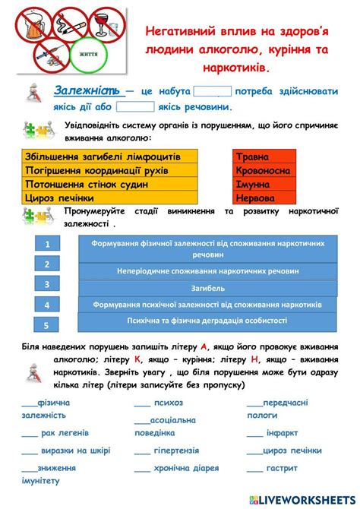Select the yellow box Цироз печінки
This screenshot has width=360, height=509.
pyautogui.click(x=111, y=198)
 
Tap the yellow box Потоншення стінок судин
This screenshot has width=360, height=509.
pyautogui.click(x=111, y=184)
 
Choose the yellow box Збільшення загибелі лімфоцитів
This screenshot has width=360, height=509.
pyautogui.click(x=111, y=156)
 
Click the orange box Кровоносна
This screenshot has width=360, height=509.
pyautogui.click(x=263, y=170)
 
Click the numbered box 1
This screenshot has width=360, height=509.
pyautogui.click(x=47, y=244)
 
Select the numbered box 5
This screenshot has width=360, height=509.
pyautogui.click(x=47, y=325)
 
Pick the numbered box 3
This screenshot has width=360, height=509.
pyautogui.click(x=47, y=284)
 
